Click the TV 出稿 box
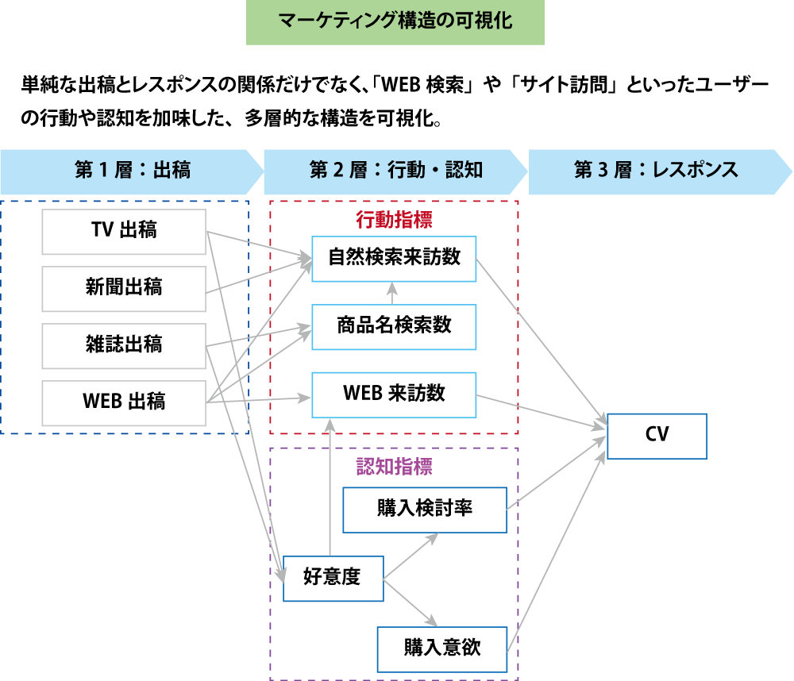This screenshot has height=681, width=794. point(123,231)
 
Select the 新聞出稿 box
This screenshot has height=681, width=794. point(123,288)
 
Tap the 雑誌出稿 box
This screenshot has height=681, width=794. point(123,345)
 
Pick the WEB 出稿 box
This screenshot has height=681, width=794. point(123,402)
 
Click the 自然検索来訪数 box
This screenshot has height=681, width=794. point(394,258)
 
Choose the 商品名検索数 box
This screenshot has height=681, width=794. point(394,326)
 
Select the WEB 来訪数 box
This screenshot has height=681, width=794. point(394,394)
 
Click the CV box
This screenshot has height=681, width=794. point(657,436)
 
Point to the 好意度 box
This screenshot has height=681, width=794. point(333,578)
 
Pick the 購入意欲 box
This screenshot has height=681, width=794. point(441,648)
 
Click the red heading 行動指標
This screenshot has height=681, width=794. point(394,218)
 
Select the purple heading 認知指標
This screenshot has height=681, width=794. point(394,466)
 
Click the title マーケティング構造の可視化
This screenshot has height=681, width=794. point(395,22)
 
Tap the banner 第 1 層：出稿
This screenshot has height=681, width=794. point(131,171)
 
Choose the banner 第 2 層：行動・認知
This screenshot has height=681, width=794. point(395,171)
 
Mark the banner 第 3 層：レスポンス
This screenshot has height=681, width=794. point(657,171)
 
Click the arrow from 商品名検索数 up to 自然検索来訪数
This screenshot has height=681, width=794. point(394,293)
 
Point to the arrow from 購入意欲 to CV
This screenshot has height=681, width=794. point(556,540)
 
